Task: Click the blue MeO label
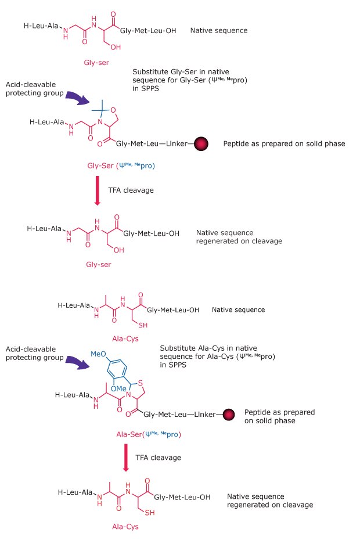98,354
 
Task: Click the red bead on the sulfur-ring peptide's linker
230,415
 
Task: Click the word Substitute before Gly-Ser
150,71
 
